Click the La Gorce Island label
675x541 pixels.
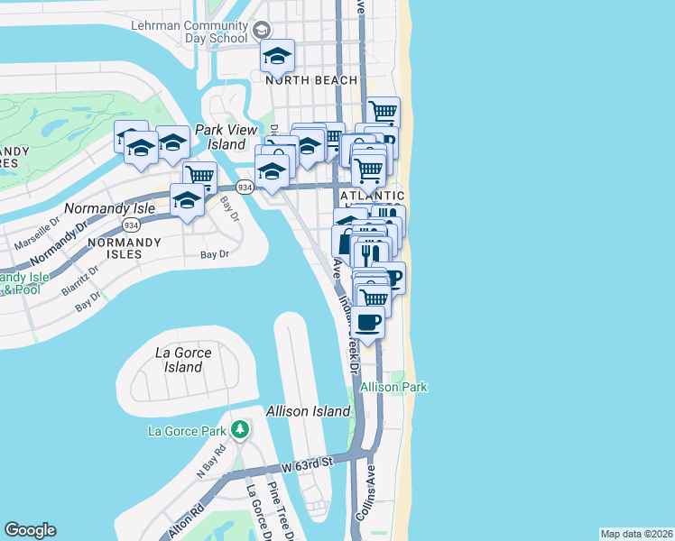(x=183, y=360)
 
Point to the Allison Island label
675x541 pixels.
(x=308, y=411)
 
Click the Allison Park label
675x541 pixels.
(x=393, y=387)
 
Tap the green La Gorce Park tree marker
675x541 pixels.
(x=239, y=427)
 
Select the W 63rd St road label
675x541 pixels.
(x=307, y=464)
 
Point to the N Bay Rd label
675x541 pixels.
(x=207, y=463)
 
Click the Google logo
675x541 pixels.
(x=30, y=530)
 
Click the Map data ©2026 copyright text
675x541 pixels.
(x=637, y=534)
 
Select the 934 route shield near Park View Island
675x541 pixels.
(x=244, y=187)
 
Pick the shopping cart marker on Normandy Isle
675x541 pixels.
(x=200, y=176)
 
